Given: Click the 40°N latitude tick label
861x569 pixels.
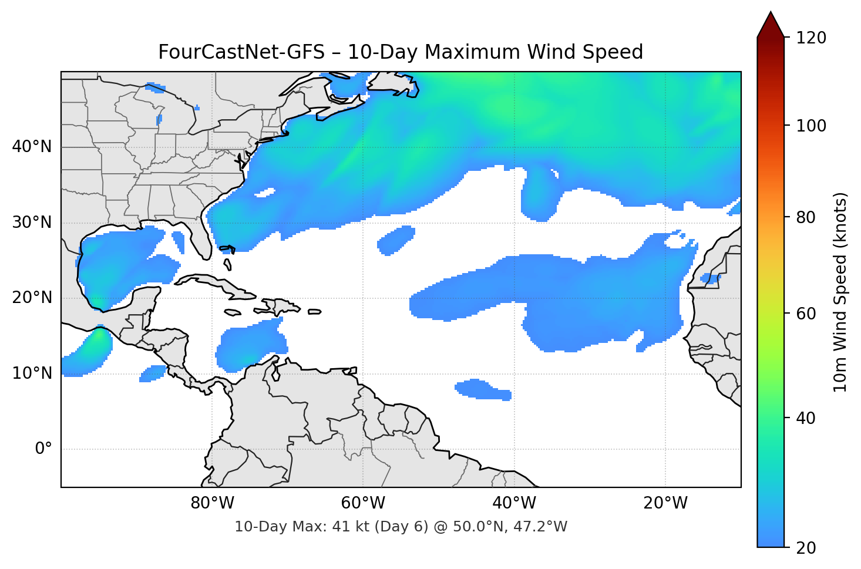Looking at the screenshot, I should (x=32, y=147).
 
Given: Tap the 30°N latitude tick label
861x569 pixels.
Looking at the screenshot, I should (x=32, y=223).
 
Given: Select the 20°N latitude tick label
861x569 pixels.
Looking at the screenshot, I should (x=32, y=298).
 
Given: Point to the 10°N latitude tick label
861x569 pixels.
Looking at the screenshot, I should (x=32, y=373).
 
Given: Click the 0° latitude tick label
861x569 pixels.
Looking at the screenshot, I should (x=43, y=449).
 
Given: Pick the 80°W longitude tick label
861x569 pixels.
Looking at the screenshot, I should (x=212, y=503).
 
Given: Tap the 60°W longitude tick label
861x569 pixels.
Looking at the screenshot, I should (x=363, y=503).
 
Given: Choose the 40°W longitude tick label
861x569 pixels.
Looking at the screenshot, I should (x=514, y=503).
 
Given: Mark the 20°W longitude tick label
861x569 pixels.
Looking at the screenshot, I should (x=665, y=503).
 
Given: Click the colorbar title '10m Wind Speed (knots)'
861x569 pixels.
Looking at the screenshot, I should (x=840, y=292).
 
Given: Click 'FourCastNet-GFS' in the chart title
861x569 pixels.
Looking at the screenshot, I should (x=241, y=52).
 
